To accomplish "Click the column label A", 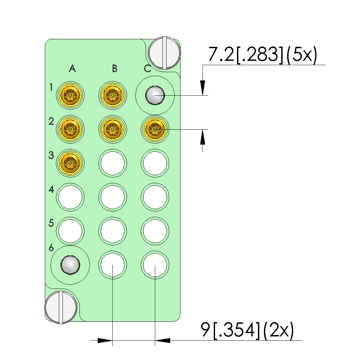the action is point(72,68).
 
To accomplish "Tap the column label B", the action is point(115,68).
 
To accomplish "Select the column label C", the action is point(148,68).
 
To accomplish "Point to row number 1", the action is point(51,87).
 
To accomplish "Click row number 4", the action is point(51,189).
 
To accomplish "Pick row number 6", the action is point(51,248).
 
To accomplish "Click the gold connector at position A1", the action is point(70,95).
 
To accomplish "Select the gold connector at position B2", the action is point(112,129).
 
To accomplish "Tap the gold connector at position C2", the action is point(155,129).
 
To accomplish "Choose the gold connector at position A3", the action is point(70,163).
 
